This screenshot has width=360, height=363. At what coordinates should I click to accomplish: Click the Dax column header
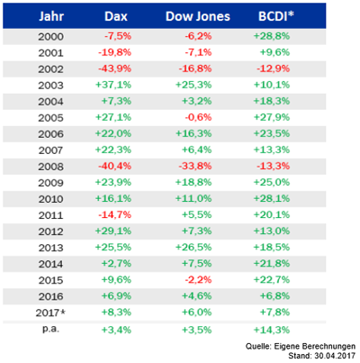click(116, 16)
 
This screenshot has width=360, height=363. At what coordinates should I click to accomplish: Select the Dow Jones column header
click(198, 16)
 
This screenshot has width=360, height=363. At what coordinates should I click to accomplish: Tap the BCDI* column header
click(275, 16)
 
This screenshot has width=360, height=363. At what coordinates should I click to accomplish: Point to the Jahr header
click(51, 16)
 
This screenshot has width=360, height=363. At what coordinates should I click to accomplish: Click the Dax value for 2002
click(115, 68)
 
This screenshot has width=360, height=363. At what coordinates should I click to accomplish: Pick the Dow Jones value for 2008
click(195, 166)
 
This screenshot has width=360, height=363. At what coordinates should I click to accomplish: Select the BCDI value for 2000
click(272, 36)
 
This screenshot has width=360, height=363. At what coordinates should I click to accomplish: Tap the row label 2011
click(50, 215)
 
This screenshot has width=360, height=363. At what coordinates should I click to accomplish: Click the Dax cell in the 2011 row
click(115, 215)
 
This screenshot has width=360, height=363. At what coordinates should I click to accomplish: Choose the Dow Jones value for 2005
click(198, 117)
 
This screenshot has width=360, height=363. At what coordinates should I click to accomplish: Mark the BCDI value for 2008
click(274, 166)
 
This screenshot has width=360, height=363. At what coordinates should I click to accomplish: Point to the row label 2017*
click(50, 313)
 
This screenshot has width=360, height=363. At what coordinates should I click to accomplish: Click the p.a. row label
click(50, 329)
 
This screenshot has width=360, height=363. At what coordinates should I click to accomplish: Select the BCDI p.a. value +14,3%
click(272, 330)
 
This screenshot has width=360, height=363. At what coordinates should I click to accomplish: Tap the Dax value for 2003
click(113, 85)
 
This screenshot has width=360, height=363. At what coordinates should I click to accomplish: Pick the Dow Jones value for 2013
click(193, 248)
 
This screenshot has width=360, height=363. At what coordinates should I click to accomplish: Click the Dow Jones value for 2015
click(198, 280)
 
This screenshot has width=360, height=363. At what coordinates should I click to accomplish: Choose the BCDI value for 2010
click(272, 199)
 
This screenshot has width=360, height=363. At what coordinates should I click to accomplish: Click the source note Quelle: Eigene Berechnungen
click(301, 347)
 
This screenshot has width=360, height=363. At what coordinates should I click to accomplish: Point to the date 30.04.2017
click(335, 356)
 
